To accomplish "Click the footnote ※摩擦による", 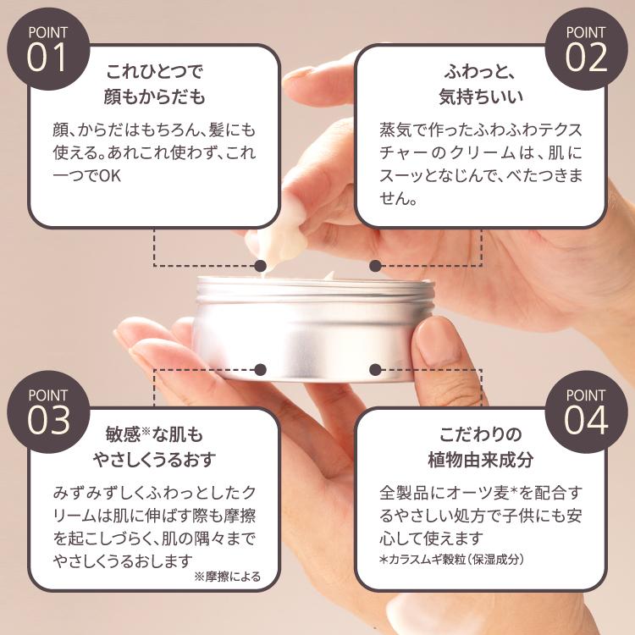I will [227, 577].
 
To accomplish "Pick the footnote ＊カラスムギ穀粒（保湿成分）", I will [453, 559].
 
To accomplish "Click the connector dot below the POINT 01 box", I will [261, 266].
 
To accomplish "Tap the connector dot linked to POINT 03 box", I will [261, 370].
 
